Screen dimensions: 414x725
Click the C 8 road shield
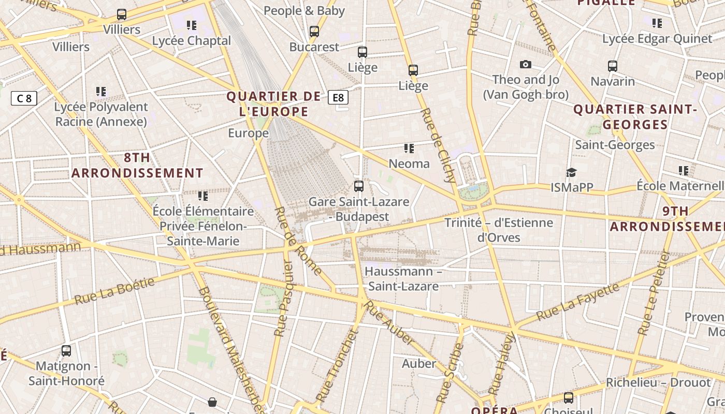click(x=24, y=98)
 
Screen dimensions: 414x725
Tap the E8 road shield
click(x=338, y=97)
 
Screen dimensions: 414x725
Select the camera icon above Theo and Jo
click(x=526, y=65)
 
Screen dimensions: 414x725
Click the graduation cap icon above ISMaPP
click(x=571, y=172)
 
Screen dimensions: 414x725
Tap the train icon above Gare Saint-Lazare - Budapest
click(x=358, y=186)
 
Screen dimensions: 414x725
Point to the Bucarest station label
click(x=314, y=47)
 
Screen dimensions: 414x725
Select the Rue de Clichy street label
click(x=439, y=145)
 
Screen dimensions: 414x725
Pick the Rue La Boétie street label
click(x=114, y=291)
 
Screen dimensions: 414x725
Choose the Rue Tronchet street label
click(x=337, y=365)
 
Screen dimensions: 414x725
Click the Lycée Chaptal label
click(x=192, y=41)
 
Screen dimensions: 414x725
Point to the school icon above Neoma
click(x=409, y=149)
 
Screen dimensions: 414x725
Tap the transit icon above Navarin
click(x=613, y=66)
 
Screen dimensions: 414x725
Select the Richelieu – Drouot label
click(x=658, y=383)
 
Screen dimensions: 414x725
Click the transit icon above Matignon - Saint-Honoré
click(x=66, y=351)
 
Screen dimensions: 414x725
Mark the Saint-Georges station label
click(x=615, y=145)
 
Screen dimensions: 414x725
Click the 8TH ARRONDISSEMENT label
click(x=137, y=165)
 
